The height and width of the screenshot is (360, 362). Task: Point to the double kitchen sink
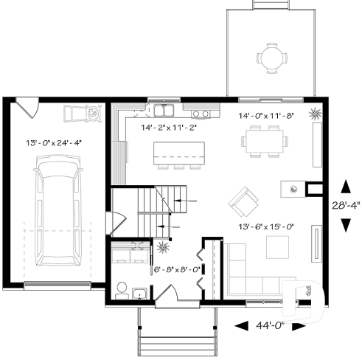coord(163,111)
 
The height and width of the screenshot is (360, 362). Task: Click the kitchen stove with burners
coord(200,114)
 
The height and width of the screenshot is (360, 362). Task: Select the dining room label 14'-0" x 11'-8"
coord(265,116)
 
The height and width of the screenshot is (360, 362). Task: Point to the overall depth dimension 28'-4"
coord(343,206)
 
